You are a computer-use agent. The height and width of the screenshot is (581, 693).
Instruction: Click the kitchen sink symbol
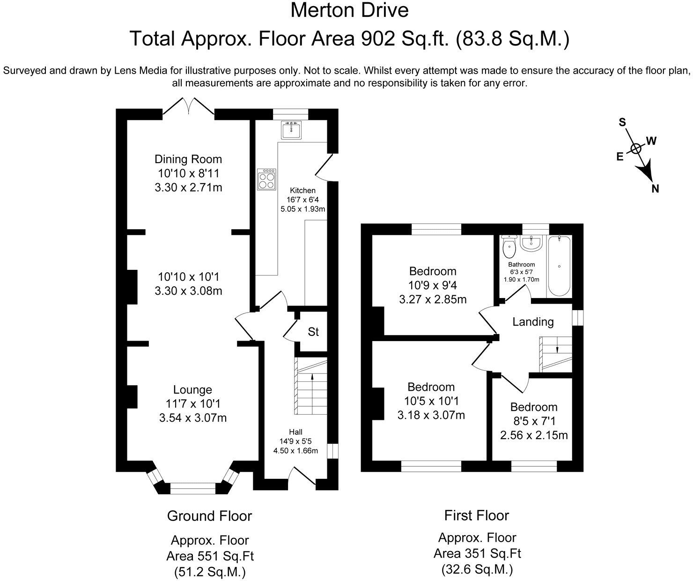point(291,130)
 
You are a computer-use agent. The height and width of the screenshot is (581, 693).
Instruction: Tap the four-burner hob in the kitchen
point(266,179)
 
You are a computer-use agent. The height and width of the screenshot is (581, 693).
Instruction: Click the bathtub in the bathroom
point(559,266)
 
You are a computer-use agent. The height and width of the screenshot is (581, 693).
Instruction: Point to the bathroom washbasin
point(531,243)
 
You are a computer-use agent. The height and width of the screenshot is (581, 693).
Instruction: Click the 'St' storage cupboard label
point(313,332)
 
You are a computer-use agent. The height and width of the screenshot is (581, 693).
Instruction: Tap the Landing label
point(533,321)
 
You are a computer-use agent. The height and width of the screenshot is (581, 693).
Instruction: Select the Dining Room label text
point(188,159)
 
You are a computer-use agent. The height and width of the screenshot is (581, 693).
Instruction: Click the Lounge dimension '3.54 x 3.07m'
point(193,417)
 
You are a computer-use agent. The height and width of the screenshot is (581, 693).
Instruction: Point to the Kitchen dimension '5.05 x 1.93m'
point(302,209)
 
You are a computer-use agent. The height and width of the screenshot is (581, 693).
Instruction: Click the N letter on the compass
point(655,189)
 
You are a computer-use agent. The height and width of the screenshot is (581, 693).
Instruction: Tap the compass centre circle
point(635,149)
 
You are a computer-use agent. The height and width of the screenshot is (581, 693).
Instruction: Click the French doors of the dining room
point(188,106)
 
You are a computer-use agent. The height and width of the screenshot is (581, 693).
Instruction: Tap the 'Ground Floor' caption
point(209,516)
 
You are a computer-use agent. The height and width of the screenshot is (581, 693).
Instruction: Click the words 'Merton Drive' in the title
point(349,10)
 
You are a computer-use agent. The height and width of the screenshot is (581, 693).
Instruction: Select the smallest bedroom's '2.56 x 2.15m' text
point(534,435)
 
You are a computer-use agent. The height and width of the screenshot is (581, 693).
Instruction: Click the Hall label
point(295,432)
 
